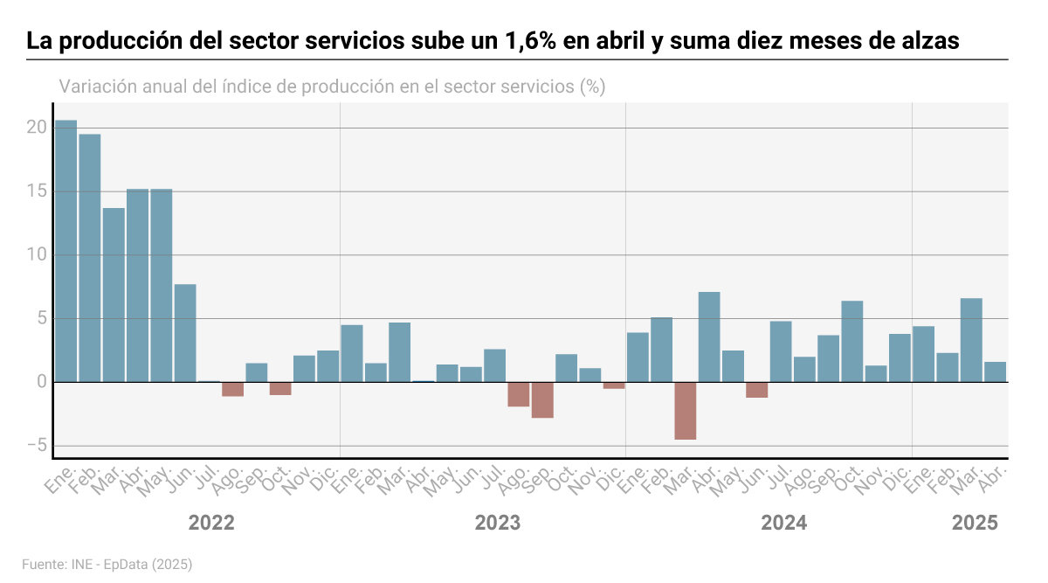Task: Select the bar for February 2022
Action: (x=90, y=258)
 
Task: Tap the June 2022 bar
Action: (x=185, y=333)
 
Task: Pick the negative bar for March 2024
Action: (x=686, y=411)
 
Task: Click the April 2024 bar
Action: (x=709, y=337)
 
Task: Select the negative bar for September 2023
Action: (x=542, y=399)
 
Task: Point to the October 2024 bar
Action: (x=852, y=341)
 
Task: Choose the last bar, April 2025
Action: (x=996, y=371)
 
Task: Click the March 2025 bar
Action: (x=971, y=340)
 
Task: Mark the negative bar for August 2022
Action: (x=232, y=389)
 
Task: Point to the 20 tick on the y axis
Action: (x=36, y=128)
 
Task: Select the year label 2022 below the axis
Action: (x=211, y=523)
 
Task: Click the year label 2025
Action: (x=974, y=523)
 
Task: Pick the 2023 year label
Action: (x=497, y=523)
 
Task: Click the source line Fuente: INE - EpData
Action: (x=107, y=565)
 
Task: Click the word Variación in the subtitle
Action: (x=97, y=87)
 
